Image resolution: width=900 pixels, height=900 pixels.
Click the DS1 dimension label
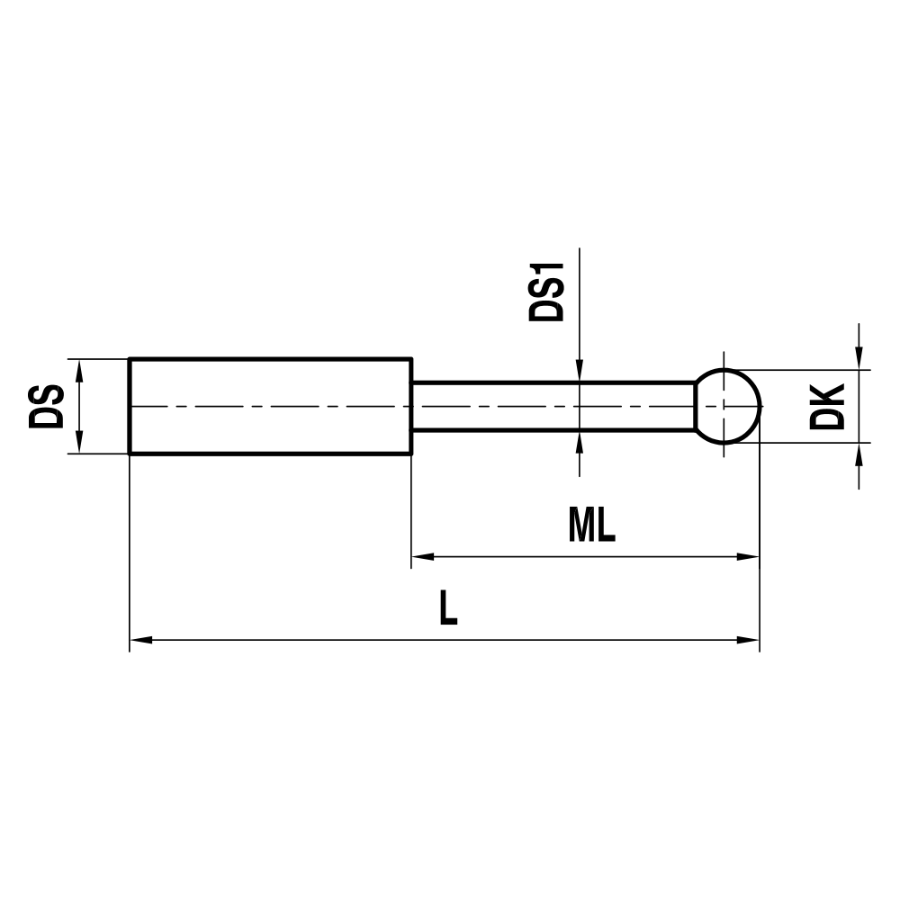pos(546,292)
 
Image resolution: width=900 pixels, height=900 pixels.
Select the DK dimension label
pos(826,406)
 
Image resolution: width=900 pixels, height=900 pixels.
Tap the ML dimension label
pos(591,526)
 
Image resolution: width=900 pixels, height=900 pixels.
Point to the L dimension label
pos(448,609)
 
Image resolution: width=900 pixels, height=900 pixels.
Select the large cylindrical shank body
pos(270,406)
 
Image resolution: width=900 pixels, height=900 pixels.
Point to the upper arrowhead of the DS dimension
pos(79,370)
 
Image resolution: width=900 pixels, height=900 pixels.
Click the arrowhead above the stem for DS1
pos(580,371)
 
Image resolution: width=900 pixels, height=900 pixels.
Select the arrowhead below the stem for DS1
pos(580,441)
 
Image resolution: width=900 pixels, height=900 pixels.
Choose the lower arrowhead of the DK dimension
pos(859,454)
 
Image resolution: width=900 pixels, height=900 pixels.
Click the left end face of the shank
pos(130,406)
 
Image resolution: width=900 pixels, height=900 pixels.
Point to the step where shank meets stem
pos(412,406)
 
